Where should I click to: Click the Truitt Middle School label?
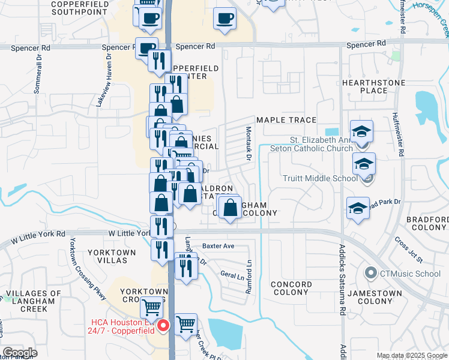click(312, 178)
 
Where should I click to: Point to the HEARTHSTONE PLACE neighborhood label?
click(365, 86)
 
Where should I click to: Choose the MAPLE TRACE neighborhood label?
click(286, 120)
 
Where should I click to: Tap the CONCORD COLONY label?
click(291, 288)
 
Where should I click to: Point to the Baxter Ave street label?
click(218, 246)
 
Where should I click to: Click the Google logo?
click(20, 353)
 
